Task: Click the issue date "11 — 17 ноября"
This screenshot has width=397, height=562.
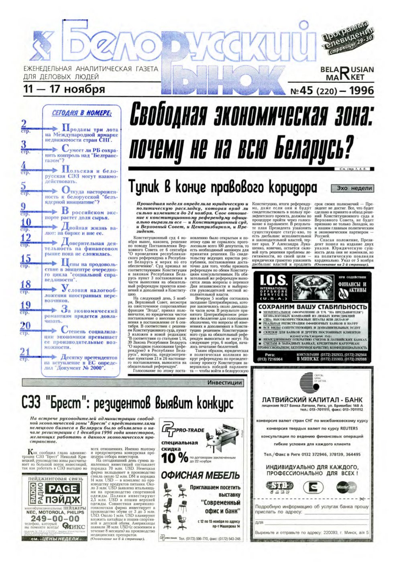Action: (x=64, y=89)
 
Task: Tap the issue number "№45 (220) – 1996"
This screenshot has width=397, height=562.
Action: (x=332, y=91)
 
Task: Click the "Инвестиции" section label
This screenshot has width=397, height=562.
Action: (x=225, y=383)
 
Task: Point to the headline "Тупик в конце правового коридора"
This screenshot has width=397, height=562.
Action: (x=222, y=187)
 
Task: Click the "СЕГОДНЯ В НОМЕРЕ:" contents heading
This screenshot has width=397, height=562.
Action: (x=81, y=113)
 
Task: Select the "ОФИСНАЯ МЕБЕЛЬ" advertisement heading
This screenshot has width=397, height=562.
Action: (x=200, y=475)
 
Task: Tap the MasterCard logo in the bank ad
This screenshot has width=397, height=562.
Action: (x=346, y=487)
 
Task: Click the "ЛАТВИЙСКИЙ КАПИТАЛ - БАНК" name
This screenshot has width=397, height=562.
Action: (x=312, y=400)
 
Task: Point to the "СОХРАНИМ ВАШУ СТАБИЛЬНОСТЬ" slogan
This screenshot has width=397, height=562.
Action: (x=312, y=307)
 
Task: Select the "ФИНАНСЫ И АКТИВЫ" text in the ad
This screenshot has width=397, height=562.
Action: (x=352, y=287)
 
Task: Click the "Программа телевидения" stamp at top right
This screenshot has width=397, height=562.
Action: (x=348, y=37)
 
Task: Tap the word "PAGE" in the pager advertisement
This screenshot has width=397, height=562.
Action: (x=62, y=489)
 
